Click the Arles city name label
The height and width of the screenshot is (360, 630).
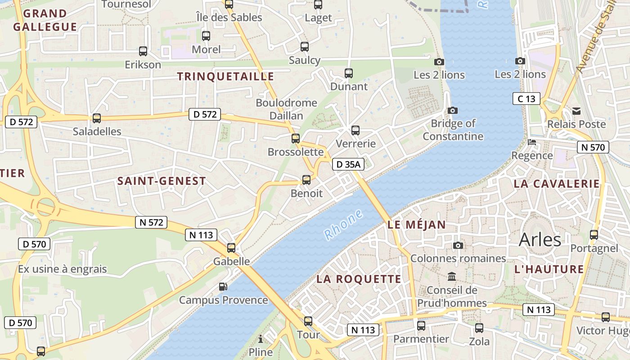[x=540, y=240]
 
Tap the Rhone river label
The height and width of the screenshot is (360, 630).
[x=343, y=224]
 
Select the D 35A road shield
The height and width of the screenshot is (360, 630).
[x=348, y=165]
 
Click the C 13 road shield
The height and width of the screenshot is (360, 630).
[x=526, y=99]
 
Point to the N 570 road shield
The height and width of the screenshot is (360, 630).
[x=593, y=147]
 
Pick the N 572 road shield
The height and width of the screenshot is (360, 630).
[x=151, y=222]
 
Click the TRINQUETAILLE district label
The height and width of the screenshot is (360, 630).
[x=225, y=76]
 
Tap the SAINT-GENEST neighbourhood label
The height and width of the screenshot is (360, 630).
[x=162, y=181]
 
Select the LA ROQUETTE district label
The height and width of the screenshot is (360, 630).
[x=359, y=279]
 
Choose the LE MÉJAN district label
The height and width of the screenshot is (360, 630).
[x=416, y=225]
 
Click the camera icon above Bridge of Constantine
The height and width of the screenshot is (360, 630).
[x=453, y=110]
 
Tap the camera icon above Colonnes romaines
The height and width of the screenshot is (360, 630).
[x=458, y=245]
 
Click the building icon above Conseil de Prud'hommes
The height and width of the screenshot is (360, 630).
[x=451, y=276]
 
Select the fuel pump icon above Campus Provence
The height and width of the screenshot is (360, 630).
[x=223, y=287]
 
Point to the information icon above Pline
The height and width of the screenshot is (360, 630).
[x=260, y=339]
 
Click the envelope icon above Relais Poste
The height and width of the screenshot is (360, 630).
[x=576, y=111]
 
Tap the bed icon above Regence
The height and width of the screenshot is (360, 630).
[x=532, y=143]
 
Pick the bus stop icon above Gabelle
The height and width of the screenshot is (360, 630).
[x=231, y=247]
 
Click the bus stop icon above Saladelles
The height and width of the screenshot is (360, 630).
[x=97, y=118]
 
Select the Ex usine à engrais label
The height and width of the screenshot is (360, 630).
[x=63, y=269]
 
